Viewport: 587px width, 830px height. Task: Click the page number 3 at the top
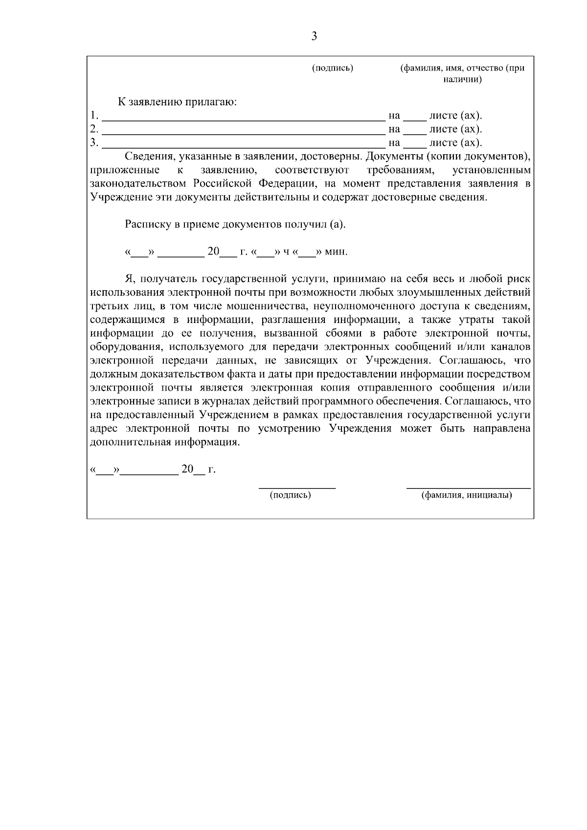tap(314, 36)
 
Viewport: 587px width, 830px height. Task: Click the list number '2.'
tap(94, 129)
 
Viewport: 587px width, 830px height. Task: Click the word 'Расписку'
tap(146, 225)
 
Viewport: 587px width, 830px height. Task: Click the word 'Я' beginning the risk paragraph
tap(129, 279)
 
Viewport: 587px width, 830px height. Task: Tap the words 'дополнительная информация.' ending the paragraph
tap(165, 442)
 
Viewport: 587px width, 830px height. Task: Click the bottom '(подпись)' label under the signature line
tap(290, 495)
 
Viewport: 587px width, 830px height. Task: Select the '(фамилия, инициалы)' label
tap(467, 495)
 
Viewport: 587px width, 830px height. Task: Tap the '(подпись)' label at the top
tap(332, 68)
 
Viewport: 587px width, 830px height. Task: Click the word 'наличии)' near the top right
tap(462, 79)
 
